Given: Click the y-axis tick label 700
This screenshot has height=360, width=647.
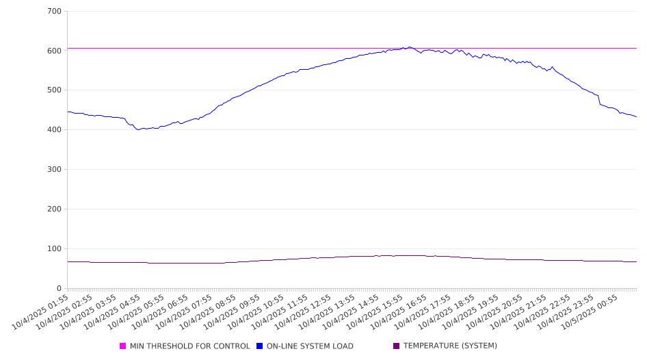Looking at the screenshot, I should point(54,12).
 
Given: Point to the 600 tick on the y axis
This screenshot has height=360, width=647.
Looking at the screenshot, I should point(54,51).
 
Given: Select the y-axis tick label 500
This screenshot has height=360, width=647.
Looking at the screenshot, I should point(54,90).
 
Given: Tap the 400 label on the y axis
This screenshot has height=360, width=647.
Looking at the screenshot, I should point(54,130).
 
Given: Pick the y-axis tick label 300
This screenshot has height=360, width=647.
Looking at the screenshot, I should point(54,170).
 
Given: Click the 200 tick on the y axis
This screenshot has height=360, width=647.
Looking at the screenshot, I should point(54,209).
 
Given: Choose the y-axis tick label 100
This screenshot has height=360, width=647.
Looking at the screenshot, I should point(54,249).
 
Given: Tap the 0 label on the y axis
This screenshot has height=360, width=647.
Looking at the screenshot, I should point(59,288).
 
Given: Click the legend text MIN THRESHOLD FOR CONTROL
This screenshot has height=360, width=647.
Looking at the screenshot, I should point(189,346).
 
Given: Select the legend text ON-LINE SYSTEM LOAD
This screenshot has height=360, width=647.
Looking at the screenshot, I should point(310,346).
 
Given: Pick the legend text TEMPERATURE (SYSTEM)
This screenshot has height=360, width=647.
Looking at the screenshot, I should point(450,346).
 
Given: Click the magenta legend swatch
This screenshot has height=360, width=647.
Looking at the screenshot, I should point(123,346).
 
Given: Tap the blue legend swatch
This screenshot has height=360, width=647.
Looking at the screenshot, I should point(260,346).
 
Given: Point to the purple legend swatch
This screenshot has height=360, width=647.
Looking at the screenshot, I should point(397,346).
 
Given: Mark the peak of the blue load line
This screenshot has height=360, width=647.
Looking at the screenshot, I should point(410,47).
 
